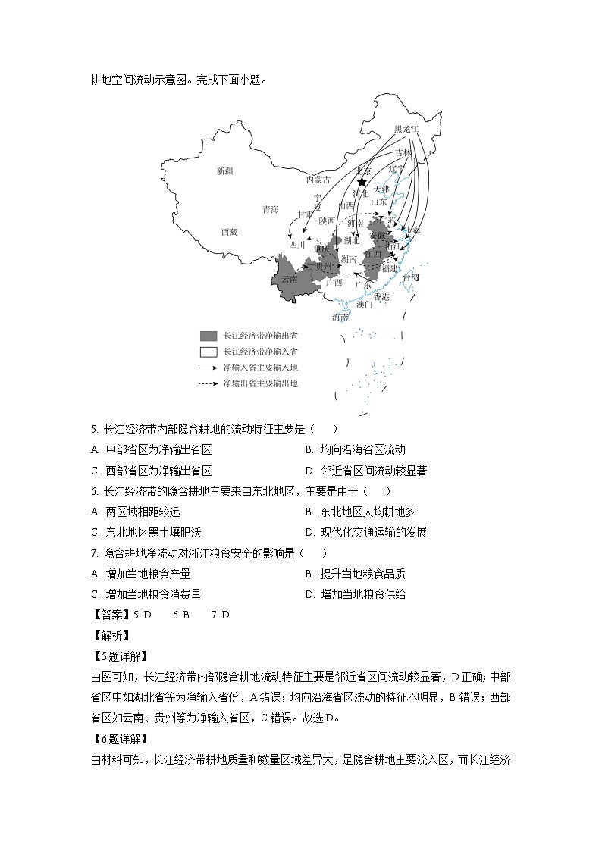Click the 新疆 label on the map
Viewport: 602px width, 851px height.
coord(224,171)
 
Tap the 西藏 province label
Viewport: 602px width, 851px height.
coord(230,232)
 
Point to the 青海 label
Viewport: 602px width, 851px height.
coord(271,209)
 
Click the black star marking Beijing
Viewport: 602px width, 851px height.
coord(362,183)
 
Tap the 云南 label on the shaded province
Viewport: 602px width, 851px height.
coord(289,279)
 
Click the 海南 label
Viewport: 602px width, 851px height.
coord(340,318)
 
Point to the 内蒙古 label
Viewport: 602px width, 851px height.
coord(318,180)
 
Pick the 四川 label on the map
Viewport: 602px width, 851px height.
coord(296,245)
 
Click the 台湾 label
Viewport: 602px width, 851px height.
coord(410,277)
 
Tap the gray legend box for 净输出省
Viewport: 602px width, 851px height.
coord(208,336)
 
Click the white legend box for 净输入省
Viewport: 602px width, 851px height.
coord(208,352)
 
